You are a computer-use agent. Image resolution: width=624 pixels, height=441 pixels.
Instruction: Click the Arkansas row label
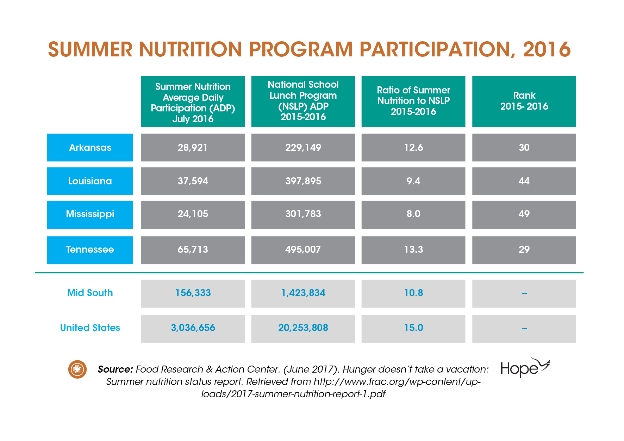point(90,147)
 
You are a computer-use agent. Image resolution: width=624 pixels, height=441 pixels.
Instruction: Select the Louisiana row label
point(90,181)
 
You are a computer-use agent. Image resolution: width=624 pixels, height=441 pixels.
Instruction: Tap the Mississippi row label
point(90,214)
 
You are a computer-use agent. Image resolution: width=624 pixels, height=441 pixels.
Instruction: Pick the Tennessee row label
point(90,250)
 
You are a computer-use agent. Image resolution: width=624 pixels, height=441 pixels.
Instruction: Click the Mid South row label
point(90,293)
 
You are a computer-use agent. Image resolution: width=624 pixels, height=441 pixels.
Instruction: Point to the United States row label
point(90,327)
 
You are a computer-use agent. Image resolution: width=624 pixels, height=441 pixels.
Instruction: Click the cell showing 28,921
point(193,147)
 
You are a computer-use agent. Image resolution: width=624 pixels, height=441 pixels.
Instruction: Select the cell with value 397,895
point(303,181)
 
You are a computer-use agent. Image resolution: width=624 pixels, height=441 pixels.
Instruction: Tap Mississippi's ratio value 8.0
point(413,214)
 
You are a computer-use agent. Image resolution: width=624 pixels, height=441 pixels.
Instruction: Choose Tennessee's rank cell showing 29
point(524,250)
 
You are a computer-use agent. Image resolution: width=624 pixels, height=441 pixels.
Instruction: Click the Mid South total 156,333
point(193,293)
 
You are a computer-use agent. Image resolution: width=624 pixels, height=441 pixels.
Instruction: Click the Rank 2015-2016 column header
point(524,102)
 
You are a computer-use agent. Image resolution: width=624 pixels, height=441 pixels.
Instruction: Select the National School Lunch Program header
point(303,102)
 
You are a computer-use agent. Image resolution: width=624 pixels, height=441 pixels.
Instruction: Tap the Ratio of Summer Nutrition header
point(413,102)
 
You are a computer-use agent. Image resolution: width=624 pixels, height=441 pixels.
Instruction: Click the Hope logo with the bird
point(525,368)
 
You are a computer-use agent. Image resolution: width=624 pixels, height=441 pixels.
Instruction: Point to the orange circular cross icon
point(77,369)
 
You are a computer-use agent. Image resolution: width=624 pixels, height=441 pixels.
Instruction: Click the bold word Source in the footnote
point(115,369)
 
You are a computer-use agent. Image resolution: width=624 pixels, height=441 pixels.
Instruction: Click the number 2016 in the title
point(547,49)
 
